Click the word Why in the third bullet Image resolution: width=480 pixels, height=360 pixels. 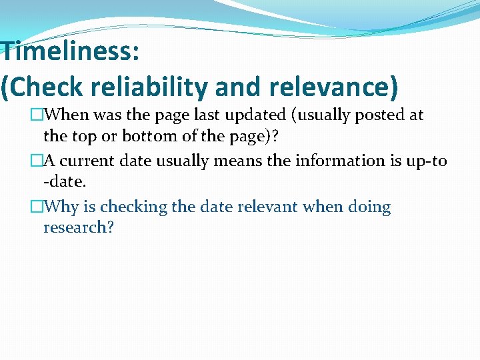pyautogui.click(x=63, y=207)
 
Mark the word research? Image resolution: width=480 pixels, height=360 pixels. pyautogui.click(x=79, y=228)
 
